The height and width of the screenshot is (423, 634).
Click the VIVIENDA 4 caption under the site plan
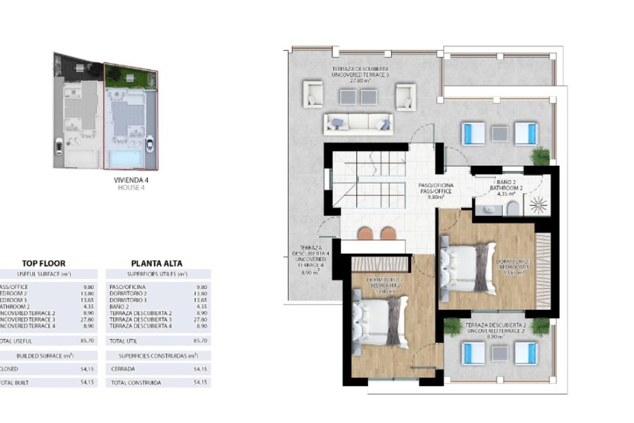pyautogui.click(x=131, y=180)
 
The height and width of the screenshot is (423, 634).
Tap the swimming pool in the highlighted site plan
pyautogui.click(x=126, y=158)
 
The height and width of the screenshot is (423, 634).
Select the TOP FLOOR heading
pyautogui.click(x=44, y=263)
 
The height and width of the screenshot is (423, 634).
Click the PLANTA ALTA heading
pyautogui.click(x=157, y=263)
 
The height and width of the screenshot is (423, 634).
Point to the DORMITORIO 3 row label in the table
pyautogui.click(x=128, y=300)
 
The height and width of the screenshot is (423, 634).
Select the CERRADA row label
pyautogui.click(x=123, y=369)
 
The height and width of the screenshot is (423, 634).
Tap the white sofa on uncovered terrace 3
pyautogui.click(x=358, y=124)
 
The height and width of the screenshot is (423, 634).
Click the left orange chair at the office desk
pyautogui.click(x=365, y=233)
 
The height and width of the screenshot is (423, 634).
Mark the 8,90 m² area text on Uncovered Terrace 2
pyautogui.click(x=495, y=337)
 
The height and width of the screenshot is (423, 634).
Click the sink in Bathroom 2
pyautogui.click(x=487, y=210)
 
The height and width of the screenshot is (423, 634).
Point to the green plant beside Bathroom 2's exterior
pyautogui.click(x=540, y=155)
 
